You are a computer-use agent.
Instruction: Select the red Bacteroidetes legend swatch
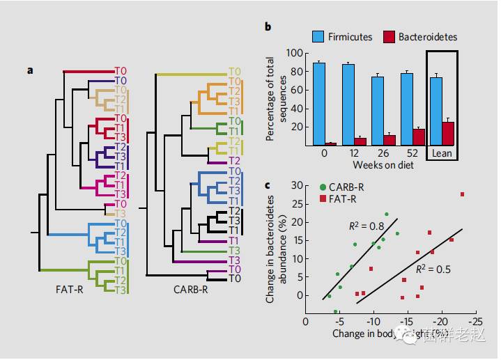(389, 36)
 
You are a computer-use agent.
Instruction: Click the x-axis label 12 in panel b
(353, 152)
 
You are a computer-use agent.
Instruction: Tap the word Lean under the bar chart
(443, 152)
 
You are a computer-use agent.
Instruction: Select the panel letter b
(268, 26)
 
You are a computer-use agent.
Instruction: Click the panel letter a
(31, 70)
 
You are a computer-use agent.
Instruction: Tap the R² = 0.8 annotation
(366, 225)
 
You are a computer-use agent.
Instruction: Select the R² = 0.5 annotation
(431, 268)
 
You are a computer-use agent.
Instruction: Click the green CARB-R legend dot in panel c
(322, 187)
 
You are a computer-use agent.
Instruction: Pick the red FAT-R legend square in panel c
(322, 199)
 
